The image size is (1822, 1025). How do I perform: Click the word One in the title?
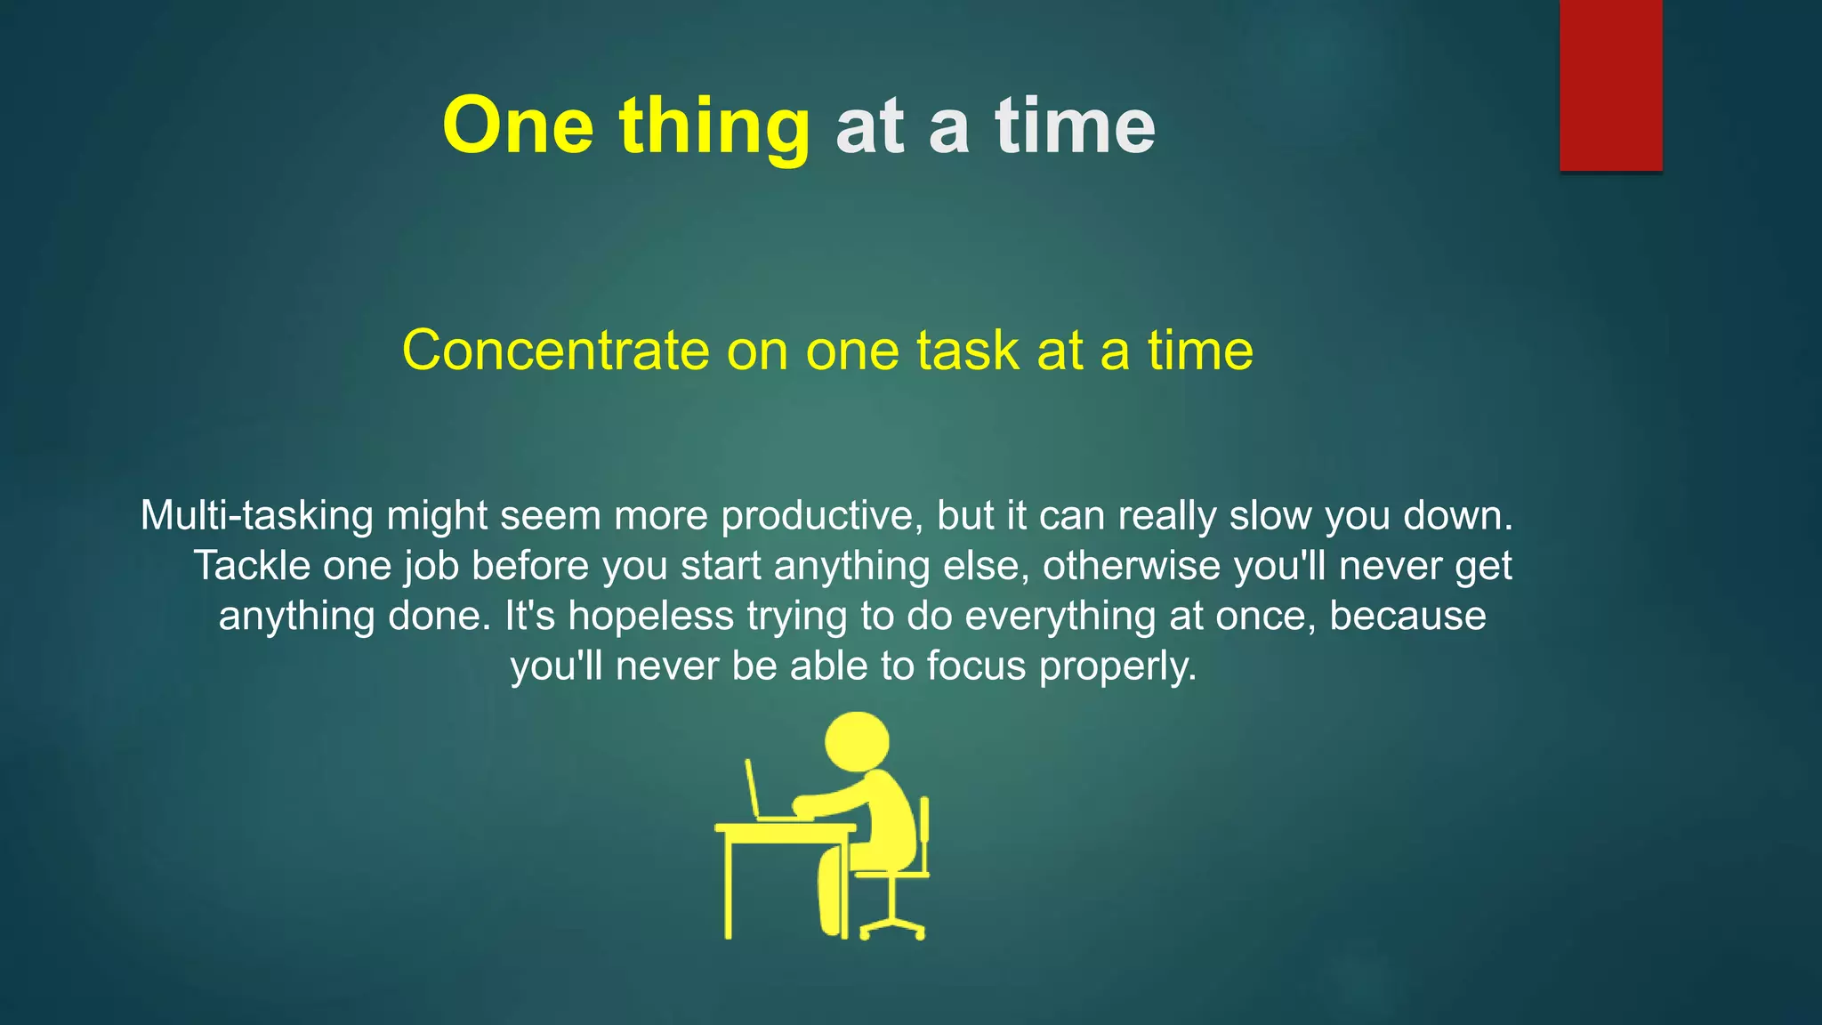(518, 126)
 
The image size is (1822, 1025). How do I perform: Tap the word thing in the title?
(714, 126)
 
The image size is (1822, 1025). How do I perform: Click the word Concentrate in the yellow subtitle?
(555, 350)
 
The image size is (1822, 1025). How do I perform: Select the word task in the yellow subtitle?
(967, 350)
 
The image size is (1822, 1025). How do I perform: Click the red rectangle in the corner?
(1610, 85)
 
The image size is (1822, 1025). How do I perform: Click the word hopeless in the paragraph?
(650, 616)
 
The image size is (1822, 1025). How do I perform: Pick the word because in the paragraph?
(1407, 616)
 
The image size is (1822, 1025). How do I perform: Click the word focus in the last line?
(976, 666)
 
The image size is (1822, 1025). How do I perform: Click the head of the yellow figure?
(857, 741)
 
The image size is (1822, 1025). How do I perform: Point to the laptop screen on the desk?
(753, 787)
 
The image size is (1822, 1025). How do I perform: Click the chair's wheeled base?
(892, 928)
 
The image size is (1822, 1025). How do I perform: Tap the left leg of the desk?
(728, 885)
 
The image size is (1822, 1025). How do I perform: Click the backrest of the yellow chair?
(924, 832)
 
